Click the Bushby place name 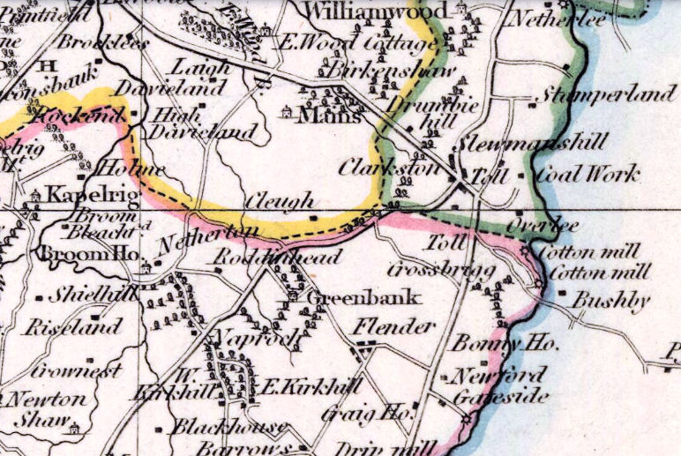coord(610,301)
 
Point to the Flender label coord(394,327)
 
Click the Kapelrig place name coord(80,194)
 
